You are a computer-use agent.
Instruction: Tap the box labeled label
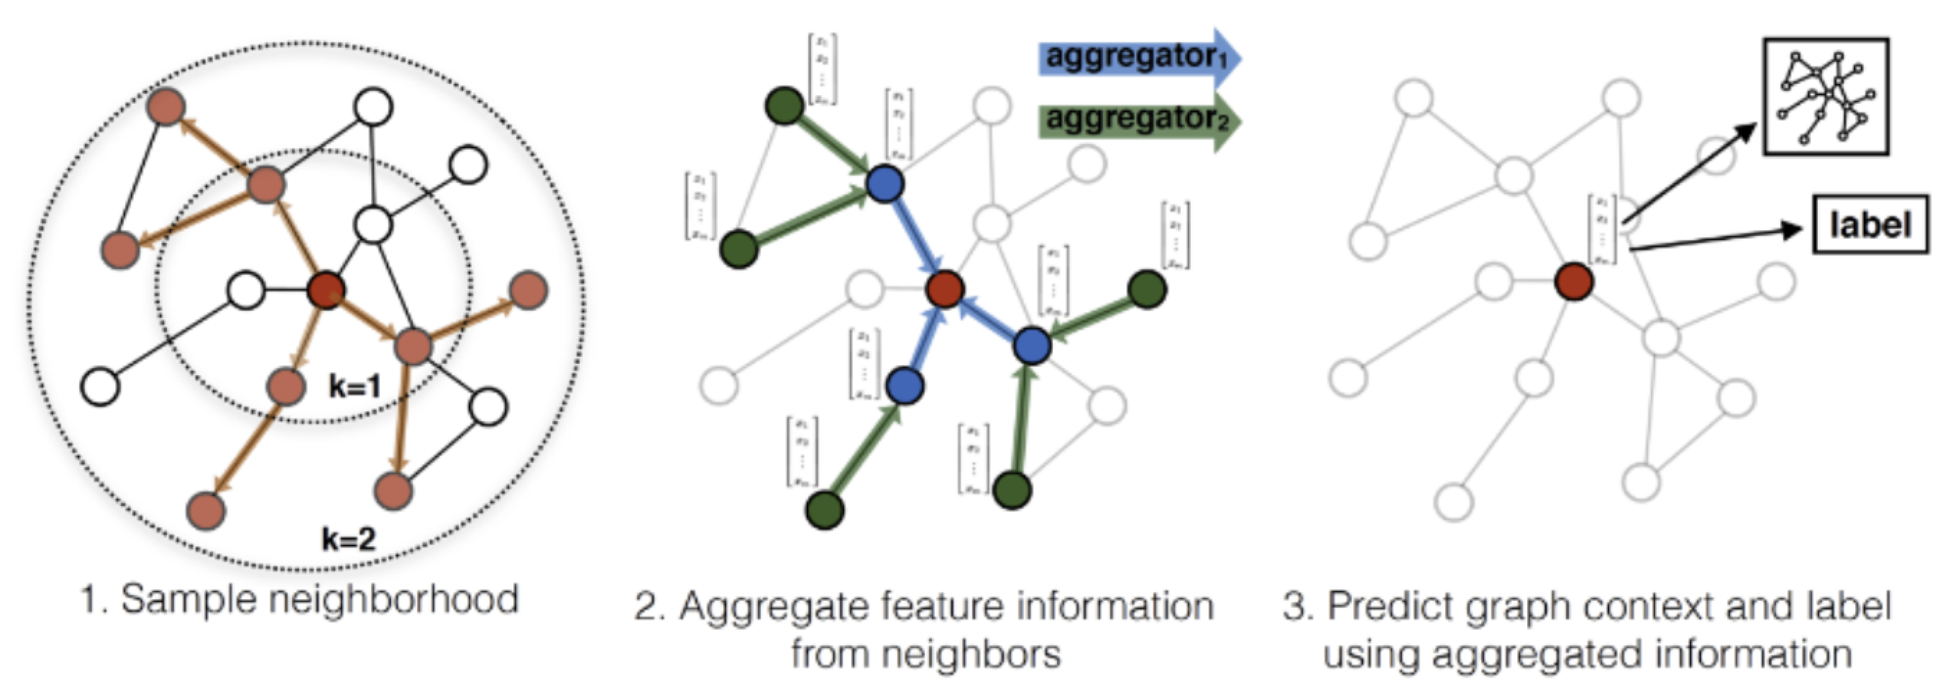(x=1870, y=225)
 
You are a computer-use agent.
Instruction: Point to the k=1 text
(x=354, y=387)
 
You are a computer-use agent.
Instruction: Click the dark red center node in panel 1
(x=326, y=290)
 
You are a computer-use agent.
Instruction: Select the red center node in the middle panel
(x=945, y=289)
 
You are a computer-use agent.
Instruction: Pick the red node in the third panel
(x=1573, y=281)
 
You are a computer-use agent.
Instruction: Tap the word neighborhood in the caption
(x=394, y=599)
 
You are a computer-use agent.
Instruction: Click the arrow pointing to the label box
(x=1713, y=238)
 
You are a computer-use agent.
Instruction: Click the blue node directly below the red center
(x=904, y=386)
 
